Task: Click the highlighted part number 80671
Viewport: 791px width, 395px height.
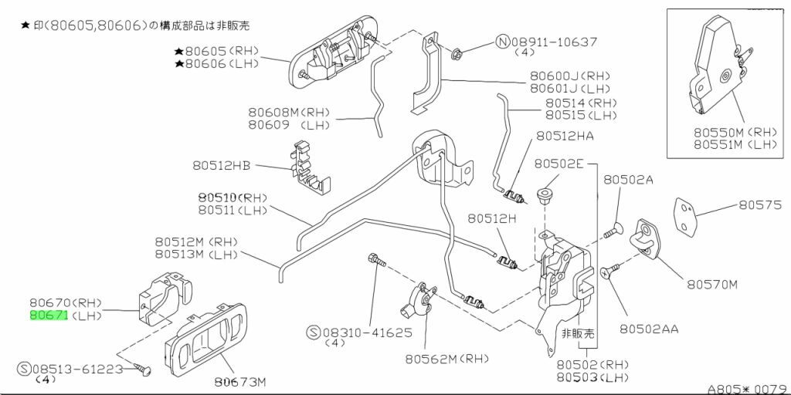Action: pyautogui.click(x=49, y=316)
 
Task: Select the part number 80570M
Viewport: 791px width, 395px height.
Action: pyautogui.click(x=711, y=284)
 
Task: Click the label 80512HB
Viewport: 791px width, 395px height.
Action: pyautogui.click(x=222, y=164)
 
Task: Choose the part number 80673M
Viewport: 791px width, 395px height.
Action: pyautogui.click(x=239, y=381)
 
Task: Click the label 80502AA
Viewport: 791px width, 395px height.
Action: pyautogui.click(x=648, y=329)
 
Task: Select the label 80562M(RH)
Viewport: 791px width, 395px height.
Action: pyautogui.click(x=442, y=358)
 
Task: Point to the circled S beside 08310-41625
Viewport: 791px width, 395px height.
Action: pyautogui.click(x=314, y=333)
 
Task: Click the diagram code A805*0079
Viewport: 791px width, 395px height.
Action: pyautogui.click(x=747, y=388)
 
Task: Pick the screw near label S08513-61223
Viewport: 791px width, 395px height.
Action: pyautogui.click(x=142, y=370)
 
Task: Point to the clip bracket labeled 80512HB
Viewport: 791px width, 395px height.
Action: pyautogui.click(x=311, y=167)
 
